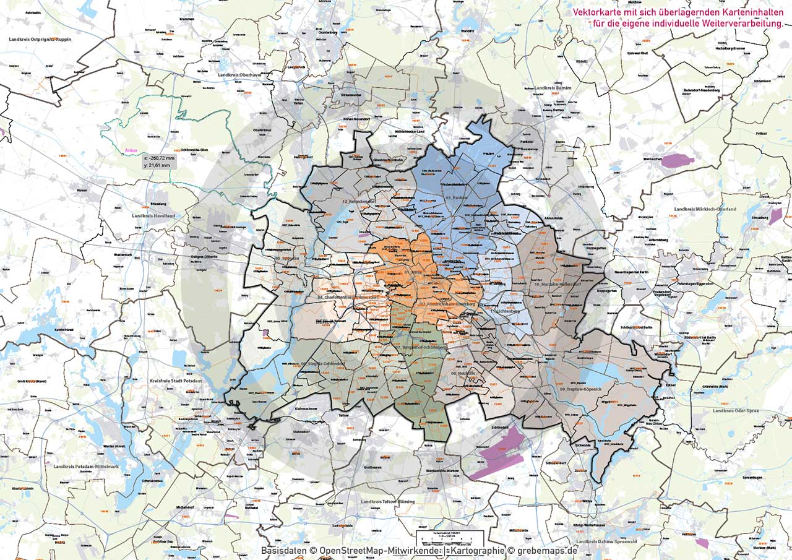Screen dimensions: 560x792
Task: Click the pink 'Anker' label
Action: click(x=130, y=150)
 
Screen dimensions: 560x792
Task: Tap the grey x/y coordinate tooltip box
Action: click(x=159, y=162)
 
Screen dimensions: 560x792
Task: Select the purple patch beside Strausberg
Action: click(x=776, y=216)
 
